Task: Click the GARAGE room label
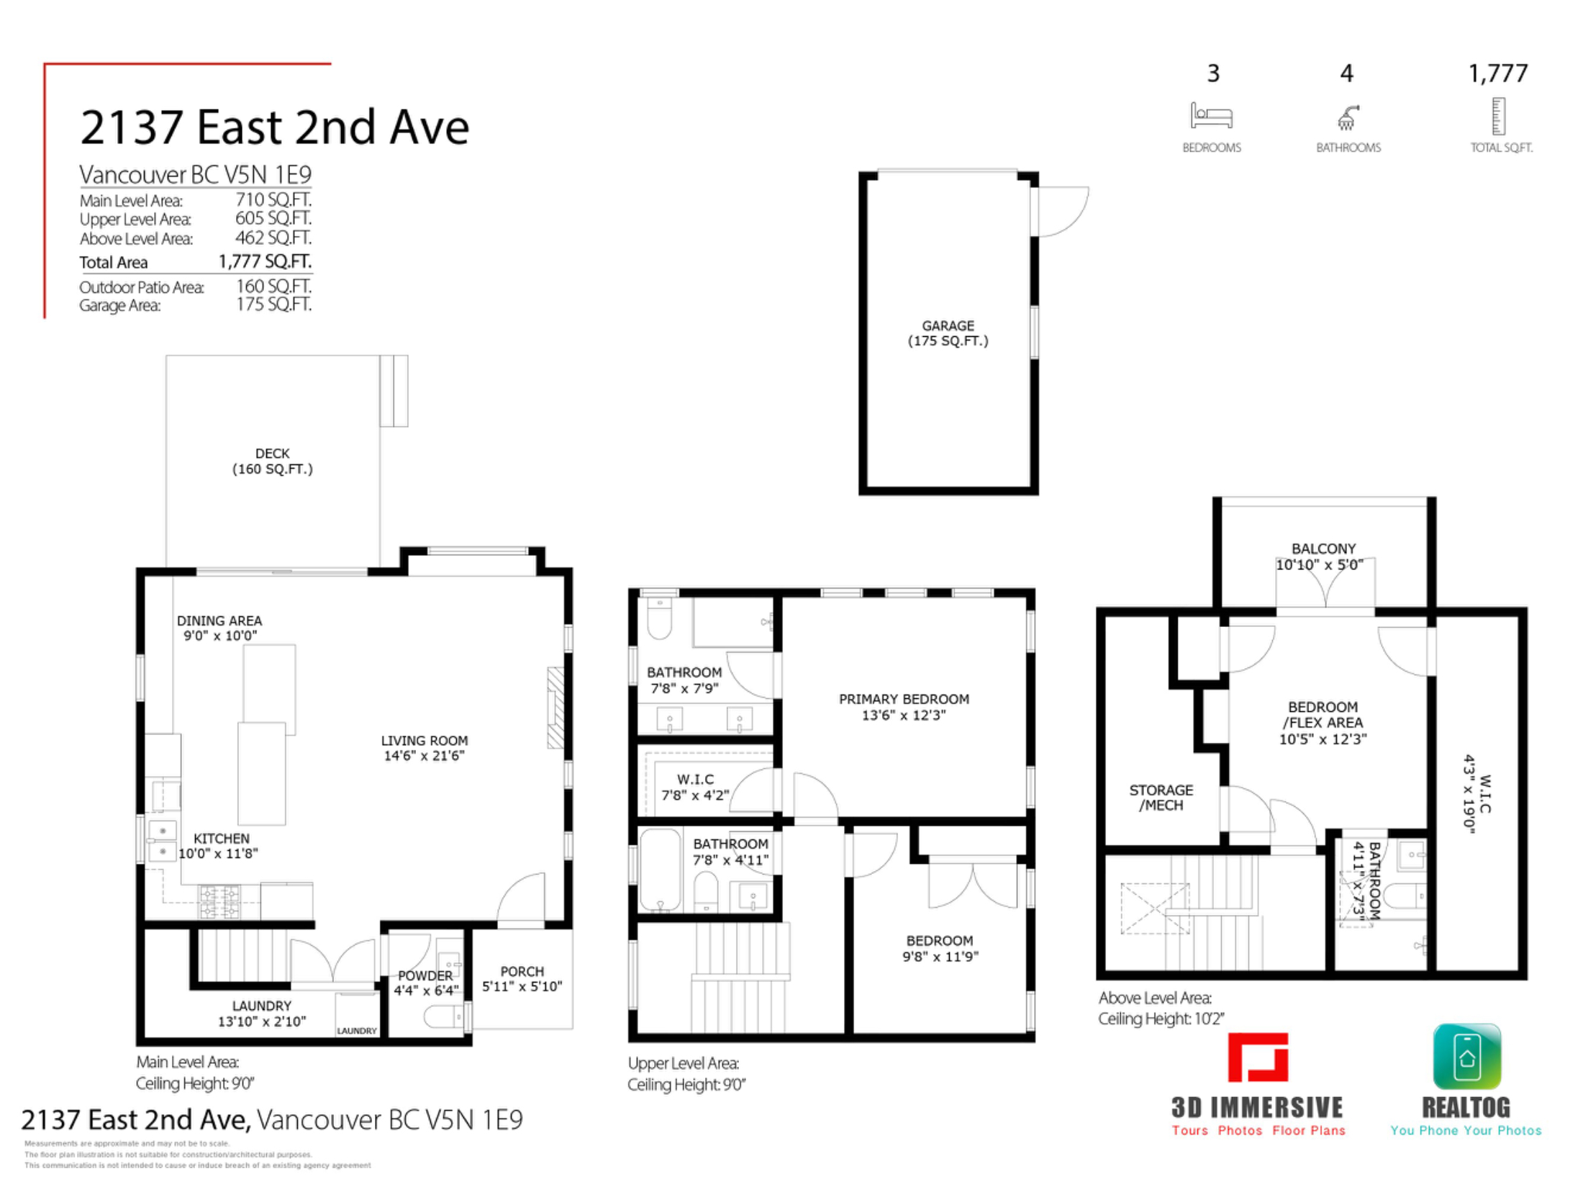click(x=948, y=325)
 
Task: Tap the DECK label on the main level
click(x=272, y=453)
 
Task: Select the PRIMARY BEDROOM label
click(x=904, y=699)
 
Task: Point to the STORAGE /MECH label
click(x=1161, y=798)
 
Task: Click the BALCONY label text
click(x=1323, y=549)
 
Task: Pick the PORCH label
click(x=522, y=971)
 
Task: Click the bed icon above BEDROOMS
click(x=1212, y=116)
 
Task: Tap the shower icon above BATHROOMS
click(x=1347, y=117)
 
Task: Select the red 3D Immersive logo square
click(x=1258, y=1057)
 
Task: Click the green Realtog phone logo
click(x=1467, y=1057)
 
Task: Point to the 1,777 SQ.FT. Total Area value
click(x=265, y=261)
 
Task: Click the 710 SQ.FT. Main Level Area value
click(x=273, y=199)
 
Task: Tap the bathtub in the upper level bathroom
click(x=660, y=870)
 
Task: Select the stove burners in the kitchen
click(x=219, y=902)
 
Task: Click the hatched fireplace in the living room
click(x=555, y=708)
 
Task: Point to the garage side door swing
click(x=1063, y=212)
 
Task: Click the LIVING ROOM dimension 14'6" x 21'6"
click(x=425, y=755)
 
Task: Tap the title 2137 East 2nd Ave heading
click(x=275, y=127)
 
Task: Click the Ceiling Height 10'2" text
click(x=1161, y=1019)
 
